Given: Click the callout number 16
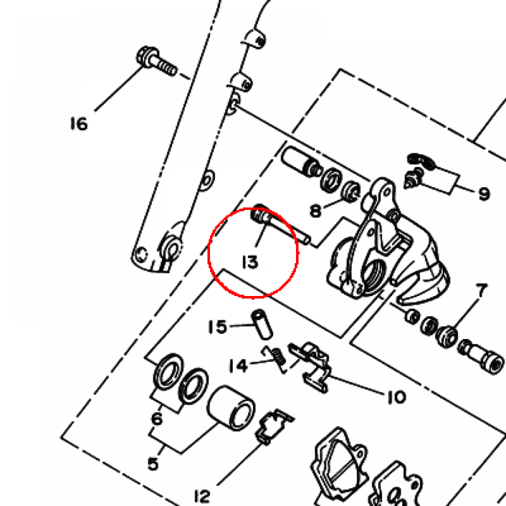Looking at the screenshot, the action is (79, 124).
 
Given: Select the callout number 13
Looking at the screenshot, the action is (251, 262).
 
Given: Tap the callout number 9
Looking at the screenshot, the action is (484, 194).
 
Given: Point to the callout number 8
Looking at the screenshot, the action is (316, 211).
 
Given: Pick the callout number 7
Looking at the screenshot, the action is (481, 291).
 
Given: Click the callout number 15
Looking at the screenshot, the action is (218, 327).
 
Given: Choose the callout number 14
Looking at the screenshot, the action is (238, 366).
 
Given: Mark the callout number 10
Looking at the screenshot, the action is (396, 397).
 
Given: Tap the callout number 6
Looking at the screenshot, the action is (157, 419).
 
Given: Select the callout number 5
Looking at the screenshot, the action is (153, 464).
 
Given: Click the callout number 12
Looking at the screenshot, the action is (202, 496).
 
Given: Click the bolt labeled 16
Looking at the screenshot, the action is (157, 61).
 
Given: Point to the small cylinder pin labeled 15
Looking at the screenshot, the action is (262, 324).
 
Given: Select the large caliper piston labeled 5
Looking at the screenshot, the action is (231, 408).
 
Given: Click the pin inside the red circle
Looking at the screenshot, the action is (280, 225).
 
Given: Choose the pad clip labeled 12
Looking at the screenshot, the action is (274, 427).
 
